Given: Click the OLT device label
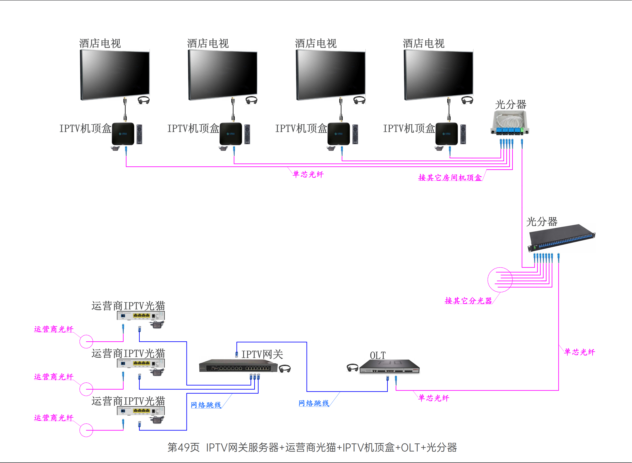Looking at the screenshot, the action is tap(378, 355).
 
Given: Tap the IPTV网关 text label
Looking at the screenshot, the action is tap(262, 354).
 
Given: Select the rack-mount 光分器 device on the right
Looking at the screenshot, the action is tap(561, 238).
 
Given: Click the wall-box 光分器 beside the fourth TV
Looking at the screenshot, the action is tap(509, 123).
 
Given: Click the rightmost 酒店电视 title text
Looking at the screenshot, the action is tap(424, 44).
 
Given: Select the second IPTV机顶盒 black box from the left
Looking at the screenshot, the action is tap(231, 134).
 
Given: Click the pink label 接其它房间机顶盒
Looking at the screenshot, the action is tap(450, 177).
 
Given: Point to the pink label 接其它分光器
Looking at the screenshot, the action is tap(468, 301).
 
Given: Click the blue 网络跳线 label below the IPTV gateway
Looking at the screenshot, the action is tap(206, 405).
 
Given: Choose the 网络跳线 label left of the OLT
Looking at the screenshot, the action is tap(314, 403).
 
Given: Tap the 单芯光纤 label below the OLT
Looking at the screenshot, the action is tap(433, 398).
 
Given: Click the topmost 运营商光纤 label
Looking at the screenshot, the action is tap(54, 329).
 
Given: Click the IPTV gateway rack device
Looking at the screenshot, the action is tap(238, 366).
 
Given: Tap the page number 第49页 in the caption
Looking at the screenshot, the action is tap(183, 448).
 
